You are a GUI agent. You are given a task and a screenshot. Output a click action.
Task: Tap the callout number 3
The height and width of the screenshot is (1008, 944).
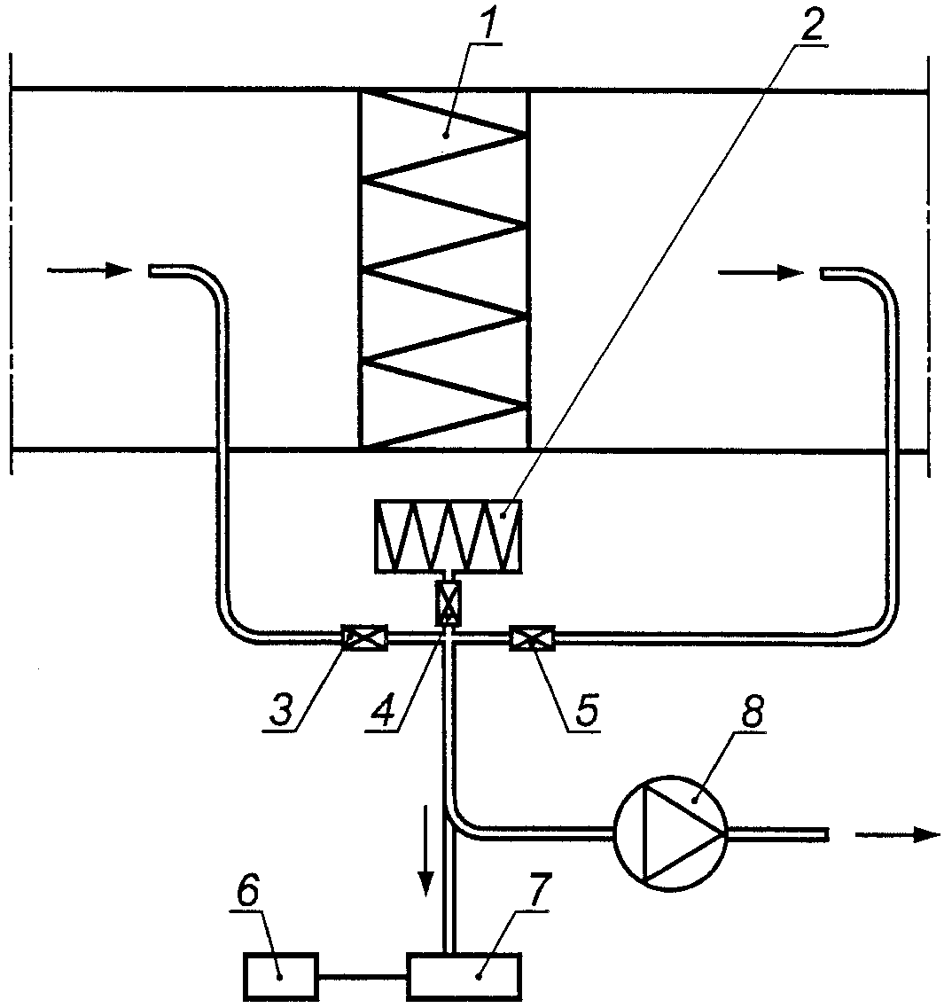click(x=282, y=709)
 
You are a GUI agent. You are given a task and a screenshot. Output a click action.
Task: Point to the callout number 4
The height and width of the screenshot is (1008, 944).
click(x=384, y=709)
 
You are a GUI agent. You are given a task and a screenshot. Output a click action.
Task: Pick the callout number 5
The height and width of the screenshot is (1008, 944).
click(x=585, y=709)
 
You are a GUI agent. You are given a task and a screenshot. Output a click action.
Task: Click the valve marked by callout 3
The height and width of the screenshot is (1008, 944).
click(x=364, y=637)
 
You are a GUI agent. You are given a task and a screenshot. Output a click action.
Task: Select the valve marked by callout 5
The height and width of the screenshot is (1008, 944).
click(x=532, y=637)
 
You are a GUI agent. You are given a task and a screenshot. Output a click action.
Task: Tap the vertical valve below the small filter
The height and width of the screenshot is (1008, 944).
click(x=448, y=603)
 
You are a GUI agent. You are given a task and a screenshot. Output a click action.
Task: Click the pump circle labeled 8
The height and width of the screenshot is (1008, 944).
click(x=670, y=833)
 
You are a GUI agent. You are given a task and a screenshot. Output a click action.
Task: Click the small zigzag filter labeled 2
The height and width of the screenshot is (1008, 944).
click(x=449, y=536)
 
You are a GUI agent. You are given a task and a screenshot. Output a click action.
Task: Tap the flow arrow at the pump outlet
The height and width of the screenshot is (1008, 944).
click(x=898, y=834)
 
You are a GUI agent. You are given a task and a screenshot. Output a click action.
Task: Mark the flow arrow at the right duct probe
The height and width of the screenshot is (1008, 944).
click(x=761, y=272)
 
